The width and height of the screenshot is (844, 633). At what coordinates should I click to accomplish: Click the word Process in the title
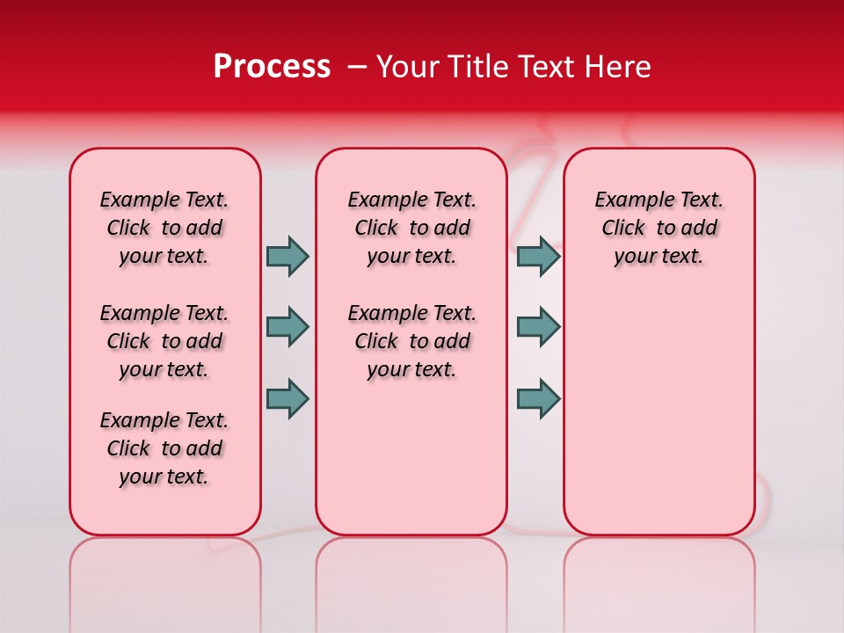[272, 67]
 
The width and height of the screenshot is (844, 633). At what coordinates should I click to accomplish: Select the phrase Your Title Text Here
[513, 67]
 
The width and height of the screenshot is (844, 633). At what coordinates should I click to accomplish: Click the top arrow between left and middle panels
[287, 256]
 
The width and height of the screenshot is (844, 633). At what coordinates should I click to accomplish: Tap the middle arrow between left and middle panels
[287, 327]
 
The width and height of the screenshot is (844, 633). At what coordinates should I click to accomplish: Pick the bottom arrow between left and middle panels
[287, 398]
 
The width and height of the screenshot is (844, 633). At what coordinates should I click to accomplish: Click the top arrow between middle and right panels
[538, 256]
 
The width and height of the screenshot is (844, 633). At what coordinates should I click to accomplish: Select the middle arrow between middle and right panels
[538, 327]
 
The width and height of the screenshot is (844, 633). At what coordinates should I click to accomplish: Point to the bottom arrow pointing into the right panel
[538, 398]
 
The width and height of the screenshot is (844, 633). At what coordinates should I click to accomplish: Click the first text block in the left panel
[164, 228]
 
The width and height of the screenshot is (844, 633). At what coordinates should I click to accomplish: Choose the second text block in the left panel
[164, 341]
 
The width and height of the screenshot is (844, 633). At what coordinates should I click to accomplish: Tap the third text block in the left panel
[164, 448]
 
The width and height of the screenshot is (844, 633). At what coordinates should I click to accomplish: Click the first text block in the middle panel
[411, 228]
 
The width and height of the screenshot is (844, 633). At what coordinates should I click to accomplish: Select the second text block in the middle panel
[411, 341]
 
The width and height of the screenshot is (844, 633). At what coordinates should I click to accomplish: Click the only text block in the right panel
[658, 228]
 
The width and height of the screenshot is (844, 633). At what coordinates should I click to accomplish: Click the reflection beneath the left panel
[165, 571]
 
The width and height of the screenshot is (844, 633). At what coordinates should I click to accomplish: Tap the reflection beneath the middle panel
[411, 571]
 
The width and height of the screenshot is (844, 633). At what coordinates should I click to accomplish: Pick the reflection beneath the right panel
[658, 571]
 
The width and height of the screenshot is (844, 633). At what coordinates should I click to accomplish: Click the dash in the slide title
[357, 67]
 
